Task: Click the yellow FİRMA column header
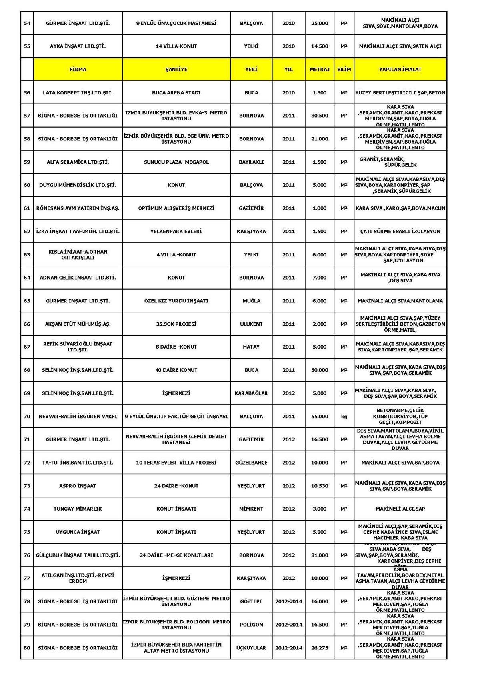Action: tap(78, 70)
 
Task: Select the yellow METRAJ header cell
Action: tap(319, 70)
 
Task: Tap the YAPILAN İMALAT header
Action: tap(400, 70)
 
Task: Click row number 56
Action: tap(27, 93)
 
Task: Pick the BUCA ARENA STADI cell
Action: tap(176, 93)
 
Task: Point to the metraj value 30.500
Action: tap(319, 116)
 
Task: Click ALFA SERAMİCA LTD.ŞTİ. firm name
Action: tap(78, 162)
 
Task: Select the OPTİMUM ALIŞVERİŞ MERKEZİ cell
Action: tap(176, 208)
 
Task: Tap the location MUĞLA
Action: tap(251, 301)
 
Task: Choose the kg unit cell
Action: tap(344, 417)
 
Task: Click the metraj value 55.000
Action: tap(319, 417)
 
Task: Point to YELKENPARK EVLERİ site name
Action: tap(176, 232)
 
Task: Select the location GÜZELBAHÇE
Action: tap(251, 463)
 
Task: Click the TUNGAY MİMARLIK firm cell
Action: tap(78, 509)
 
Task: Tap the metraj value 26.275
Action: tap(319, 648)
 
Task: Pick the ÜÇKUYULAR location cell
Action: tap(251, 648)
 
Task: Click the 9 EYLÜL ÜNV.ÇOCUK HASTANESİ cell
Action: tap(176, 23)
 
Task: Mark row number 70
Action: tap(27, 417)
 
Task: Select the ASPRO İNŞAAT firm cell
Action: tap(78, 486)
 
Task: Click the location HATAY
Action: tap(251, 347)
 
